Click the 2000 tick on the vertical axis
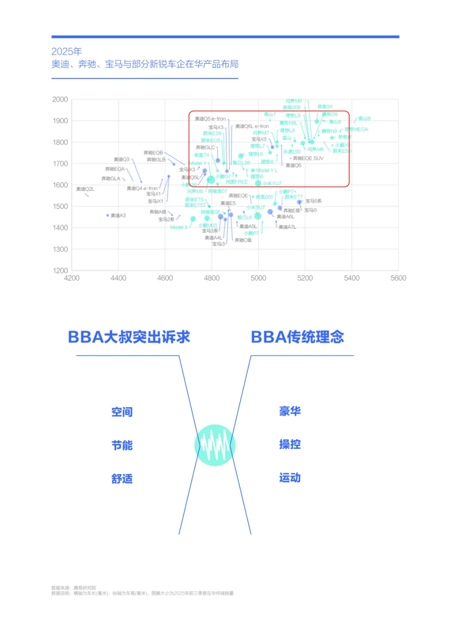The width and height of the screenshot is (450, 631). [60, 99]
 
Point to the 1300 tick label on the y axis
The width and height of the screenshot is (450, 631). [60, 249]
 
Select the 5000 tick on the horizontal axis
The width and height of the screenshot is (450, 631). [258, 278]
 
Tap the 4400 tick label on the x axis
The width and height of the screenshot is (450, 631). [118, 278]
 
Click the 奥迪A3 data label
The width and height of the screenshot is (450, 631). [118, 216]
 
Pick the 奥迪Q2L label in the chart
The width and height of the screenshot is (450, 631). [85, 189]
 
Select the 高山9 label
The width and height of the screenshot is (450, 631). [364, 118]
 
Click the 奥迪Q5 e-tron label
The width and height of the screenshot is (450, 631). [210, 119]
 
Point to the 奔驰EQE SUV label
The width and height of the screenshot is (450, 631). [308, 159]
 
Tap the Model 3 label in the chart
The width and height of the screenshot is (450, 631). [179, 227]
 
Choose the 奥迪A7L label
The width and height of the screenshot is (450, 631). [287, 227]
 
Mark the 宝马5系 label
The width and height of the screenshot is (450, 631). [314, 201]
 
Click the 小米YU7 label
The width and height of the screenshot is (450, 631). [272, 183]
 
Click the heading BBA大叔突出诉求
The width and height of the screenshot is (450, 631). [129, 337]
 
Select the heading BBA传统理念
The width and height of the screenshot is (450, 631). [298, 337]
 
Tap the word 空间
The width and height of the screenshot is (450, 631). [122, 412]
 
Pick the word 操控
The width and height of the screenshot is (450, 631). [290, 444]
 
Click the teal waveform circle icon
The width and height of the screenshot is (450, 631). [215, 445]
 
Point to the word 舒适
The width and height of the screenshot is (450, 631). [122, 479]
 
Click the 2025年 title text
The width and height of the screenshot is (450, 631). [67, 51]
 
